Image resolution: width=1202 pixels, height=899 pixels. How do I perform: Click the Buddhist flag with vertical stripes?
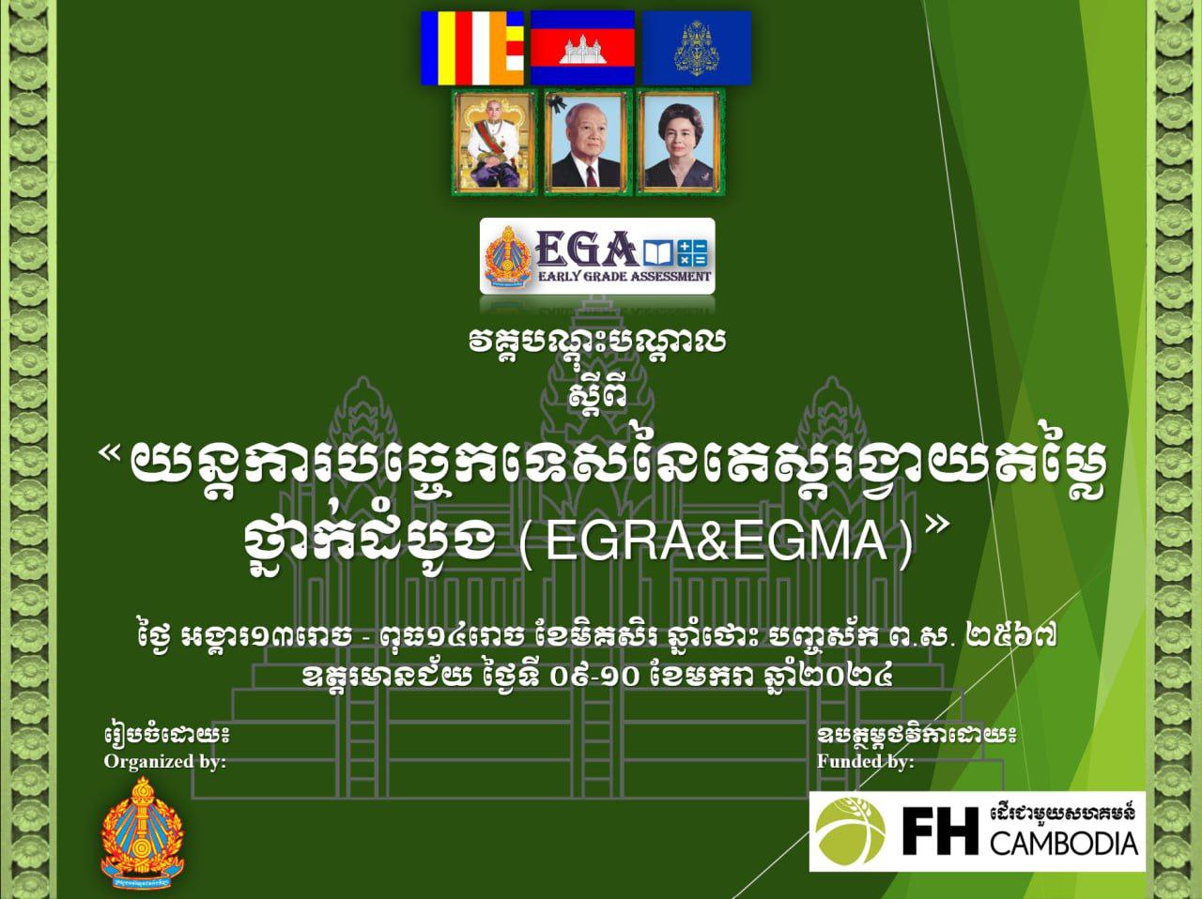[x=471, y=48]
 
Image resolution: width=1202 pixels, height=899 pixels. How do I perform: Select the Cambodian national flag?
[x=581, y=48]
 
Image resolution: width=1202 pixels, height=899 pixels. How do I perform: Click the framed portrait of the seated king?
[x=493, y=143]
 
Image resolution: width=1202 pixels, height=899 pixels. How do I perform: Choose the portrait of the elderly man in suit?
[x=585, y=143]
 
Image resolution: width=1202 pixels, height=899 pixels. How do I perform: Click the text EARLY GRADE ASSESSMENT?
[x=624, y=277]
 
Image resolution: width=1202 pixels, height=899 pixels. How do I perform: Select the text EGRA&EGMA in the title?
[x=716, y=542]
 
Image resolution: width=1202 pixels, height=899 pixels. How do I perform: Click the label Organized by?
[x=164, y=762]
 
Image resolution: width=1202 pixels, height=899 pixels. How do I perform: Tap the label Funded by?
[x=865, y=762]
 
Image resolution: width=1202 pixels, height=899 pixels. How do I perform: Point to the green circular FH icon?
[x=848, y=830]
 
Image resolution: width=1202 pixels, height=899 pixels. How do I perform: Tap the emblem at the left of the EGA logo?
[x=508, y=255]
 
